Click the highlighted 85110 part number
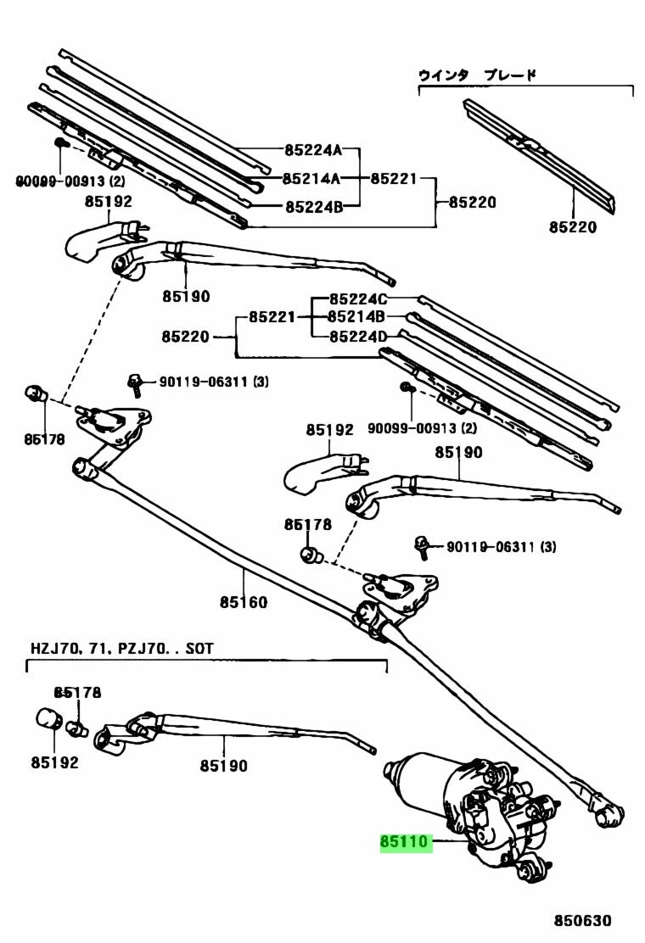(x=406, y=842)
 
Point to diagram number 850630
(x=583, y=921)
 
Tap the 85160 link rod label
(x=244, y=603)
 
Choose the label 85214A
(x=311, y=178)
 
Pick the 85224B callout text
(x=313, y=206)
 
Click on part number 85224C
(x=358, y=299)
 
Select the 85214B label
(x=357, y=317)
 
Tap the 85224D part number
(x=358, y=336)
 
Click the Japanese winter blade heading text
(x=477, y=75)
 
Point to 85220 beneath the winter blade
(x=572, y=226)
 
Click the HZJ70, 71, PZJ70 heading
(x=122, y=648)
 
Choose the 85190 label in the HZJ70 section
(x=224, y=766)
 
